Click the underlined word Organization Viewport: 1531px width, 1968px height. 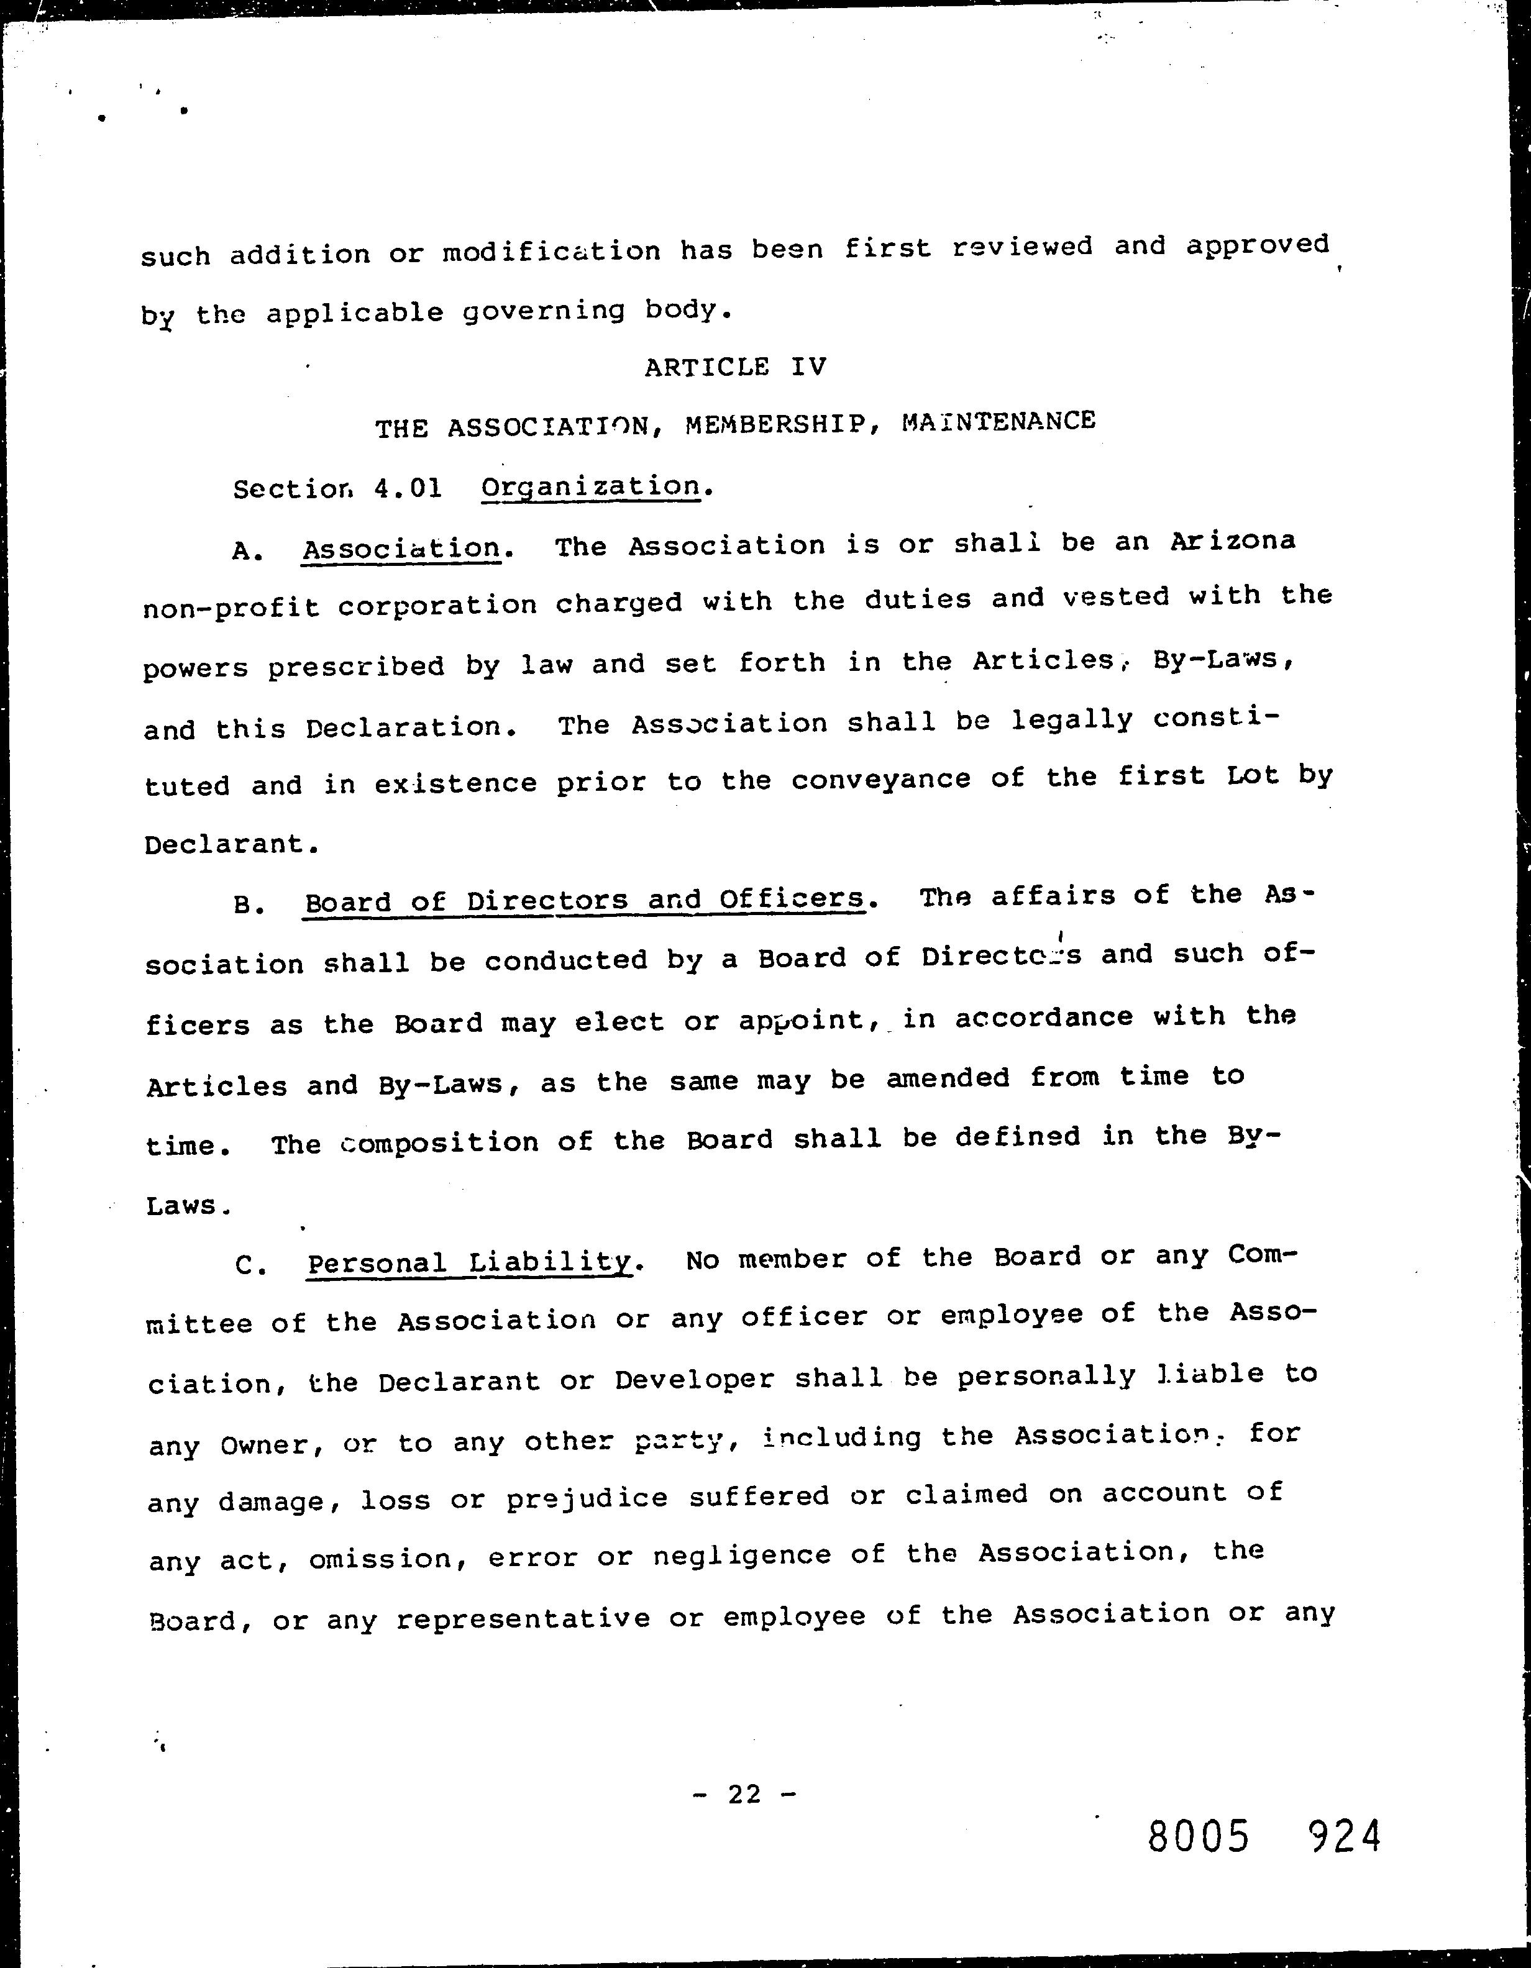[590, 486]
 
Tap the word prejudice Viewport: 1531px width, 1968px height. [587, 1498]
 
